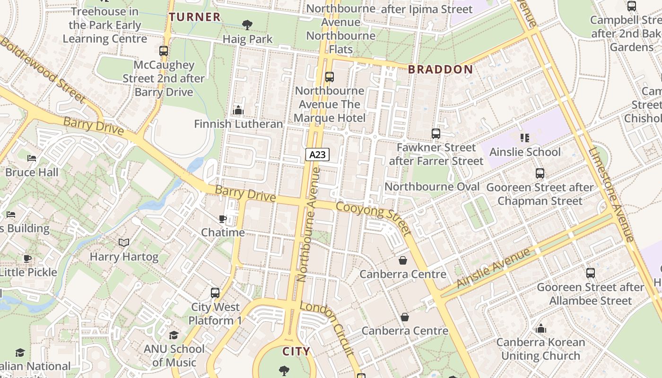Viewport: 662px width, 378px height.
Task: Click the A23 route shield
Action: coord(317,154)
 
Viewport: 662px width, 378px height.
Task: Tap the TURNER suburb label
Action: coord(195,17)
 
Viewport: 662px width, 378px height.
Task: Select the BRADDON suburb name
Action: coord(440,69)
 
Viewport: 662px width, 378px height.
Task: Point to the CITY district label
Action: coord(296,352)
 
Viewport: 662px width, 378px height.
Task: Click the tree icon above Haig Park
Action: coord(247,25)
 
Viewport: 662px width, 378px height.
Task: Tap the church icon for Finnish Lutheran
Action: coord(238,110)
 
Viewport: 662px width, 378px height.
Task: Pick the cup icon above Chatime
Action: coord(223,219)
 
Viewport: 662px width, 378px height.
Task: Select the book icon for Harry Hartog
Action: coord(124,243)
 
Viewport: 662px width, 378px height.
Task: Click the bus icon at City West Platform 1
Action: coord(215,293)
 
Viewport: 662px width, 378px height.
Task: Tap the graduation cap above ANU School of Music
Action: coord(174,335)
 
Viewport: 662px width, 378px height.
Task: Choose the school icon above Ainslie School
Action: coord(525,138)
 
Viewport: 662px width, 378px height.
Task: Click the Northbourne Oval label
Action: coord(432,187)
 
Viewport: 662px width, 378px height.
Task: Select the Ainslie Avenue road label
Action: coord(494,268)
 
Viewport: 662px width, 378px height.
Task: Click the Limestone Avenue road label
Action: coord(610,194)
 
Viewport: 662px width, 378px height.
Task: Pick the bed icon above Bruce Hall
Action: coord(32,158)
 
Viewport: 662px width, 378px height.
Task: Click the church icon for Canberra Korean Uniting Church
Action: coord(540,328)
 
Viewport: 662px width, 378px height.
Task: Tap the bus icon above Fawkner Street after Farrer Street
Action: coord(436,134)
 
